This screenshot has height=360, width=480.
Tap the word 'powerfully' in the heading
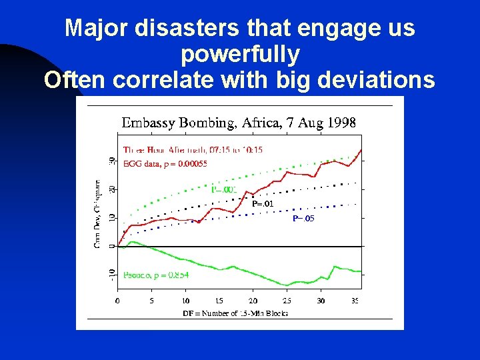coord(240,53)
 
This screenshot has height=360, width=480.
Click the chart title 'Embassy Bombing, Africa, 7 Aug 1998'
coord(238,123)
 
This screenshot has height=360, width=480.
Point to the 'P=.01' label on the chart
coord(263,203)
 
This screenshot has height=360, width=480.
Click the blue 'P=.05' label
coord(303,218)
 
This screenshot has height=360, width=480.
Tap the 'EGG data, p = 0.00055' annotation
coord(165,163)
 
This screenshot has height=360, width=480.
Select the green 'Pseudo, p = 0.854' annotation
coord(156,274)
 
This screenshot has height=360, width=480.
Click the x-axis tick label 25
coord(287,301)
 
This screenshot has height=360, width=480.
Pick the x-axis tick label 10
coord(185,301)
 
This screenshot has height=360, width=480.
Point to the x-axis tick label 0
coord(118,301)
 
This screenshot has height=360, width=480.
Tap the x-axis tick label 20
coord(253,301)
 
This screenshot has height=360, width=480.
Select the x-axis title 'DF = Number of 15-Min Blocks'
coord(235,313)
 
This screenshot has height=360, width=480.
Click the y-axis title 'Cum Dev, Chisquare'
coord(97,213)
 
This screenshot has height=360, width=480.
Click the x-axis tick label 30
coord(321,301)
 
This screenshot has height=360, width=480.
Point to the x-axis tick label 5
coord(151,301)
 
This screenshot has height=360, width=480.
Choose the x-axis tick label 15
coord(219,301)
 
